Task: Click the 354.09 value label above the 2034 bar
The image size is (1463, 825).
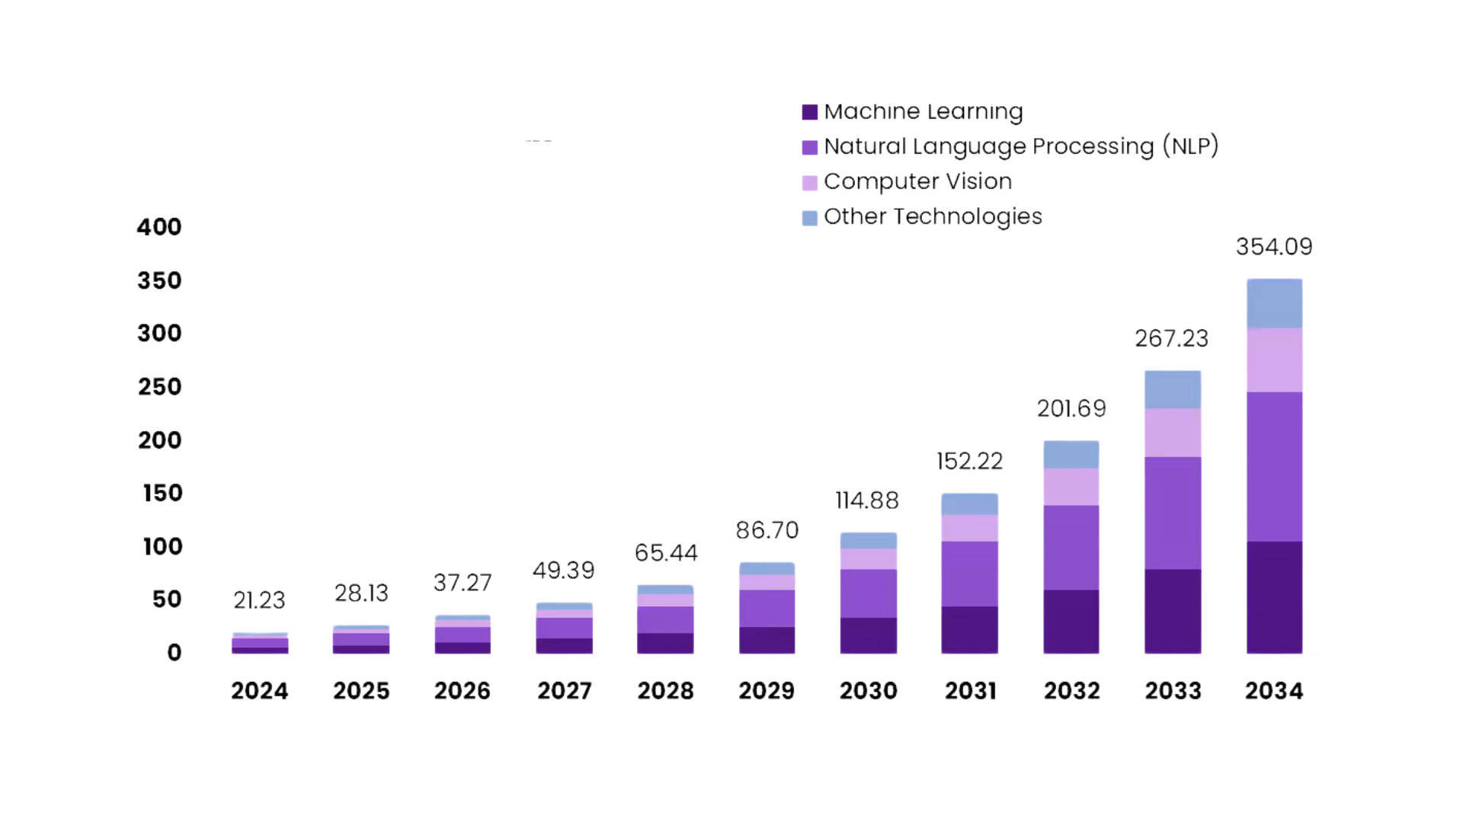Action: click(1274, 247)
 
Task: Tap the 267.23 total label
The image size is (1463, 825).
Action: click(1171, 338)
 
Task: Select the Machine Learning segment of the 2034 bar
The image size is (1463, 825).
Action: click(1274, 597)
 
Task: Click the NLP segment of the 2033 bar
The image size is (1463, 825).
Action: click(1173, 513)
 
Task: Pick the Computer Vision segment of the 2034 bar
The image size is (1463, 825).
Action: click(1274, 360)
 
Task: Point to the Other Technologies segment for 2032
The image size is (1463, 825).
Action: click(1071, 455)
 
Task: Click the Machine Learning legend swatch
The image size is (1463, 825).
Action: click(809, 113)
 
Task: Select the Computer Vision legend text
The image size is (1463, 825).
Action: click(917, 181)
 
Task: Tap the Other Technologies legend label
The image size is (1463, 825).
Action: click(933, 216)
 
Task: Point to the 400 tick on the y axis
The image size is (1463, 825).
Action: click(159, 227)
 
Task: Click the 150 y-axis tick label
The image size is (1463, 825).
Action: click(162, 493)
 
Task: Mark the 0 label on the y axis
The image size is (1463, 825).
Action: click(174, 653)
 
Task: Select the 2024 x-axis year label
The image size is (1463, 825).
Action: click(259, 691)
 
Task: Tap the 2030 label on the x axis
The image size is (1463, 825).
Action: click(868, 691)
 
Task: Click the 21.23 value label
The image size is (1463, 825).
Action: click(259, 600)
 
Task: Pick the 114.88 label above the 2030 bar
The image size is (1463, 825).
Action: click(867, 500)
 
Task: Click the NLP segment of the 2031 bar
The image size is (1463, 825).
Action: click(969, 574)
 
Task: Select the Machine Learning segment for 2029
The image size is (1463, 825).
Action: click(767, 640)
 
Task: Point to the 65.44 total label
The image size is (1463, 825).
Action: click(666, 553)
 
